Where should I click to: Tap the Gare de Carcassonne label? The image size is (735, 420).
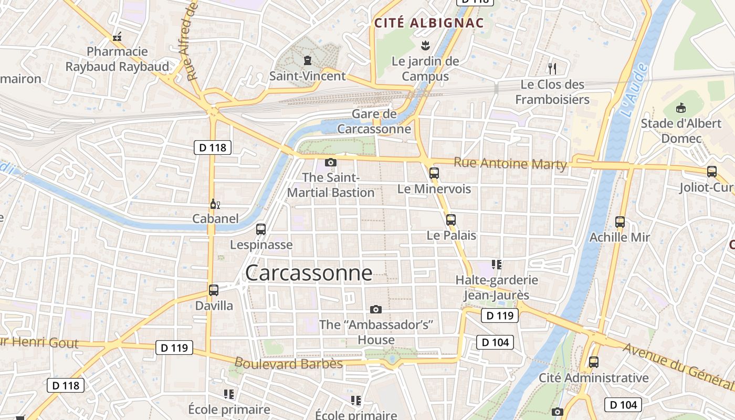point(374,121)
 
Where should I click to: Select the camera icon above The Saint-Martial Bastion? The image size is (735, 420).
point(331,162)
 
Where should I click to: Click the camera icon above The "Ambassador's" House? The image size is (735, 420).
point(376,309)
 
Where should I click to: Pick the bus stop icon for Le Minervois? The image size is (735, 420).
point(434,173)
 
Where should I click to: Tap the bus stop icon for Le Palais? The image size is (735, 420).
point(451,220)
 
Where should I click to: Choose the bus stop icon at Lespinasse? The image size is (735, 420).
point(261,229)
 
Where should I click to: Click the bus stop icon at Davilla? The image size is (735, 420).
point(214,290)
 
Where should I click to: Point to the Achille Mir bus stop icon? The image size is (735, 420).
point(620,222)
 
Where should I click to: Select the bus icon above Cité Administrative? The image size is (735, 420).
point(594,362)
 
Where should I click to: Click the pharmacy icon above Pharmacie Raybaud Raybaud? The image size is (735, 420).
point(117,37)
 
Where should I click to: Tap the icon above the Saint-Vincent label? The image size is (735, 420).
point(307,60)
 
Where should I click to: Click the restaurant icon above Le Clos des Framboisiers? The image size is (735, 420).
point(552,68)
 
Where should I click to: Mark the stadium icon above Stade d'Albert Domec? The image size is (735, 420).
point(681,108)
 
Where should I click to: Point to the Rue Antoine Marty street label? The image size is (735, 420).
point(510,163)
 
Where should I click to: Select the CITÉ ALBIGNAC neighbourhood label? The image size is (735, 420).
point(428,23)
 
